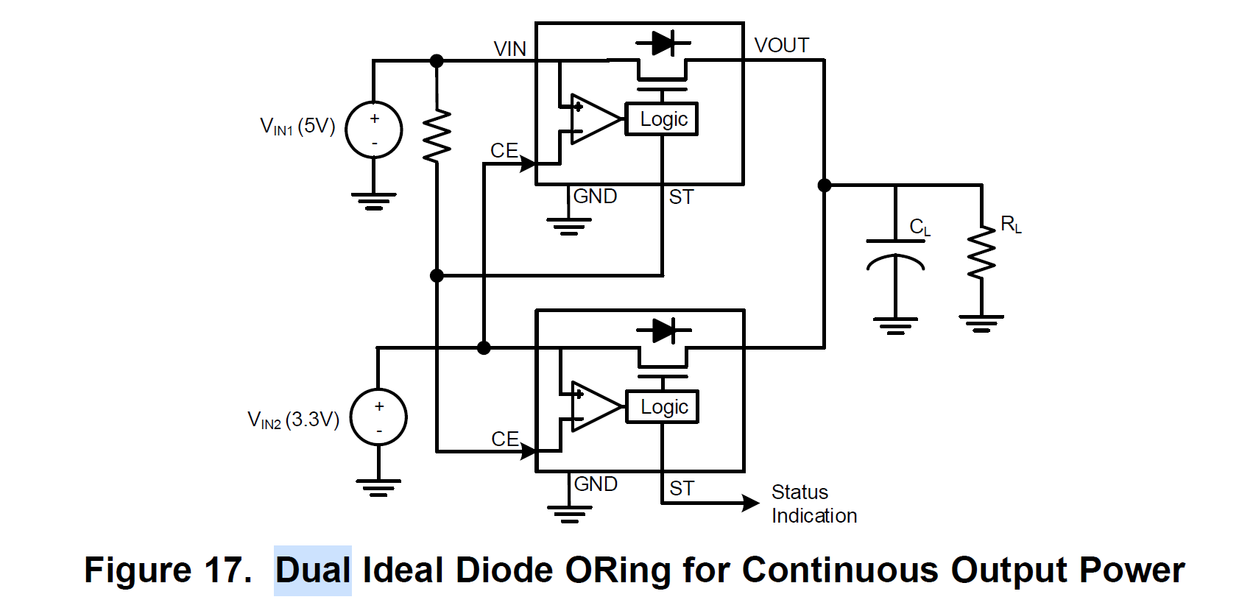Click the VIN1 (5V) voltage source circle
(x=374, y=130)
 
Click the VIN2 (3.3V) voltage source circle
(x=378, y=417)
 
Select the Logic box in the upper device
(x=662, y=119)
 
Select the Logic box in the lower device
(x=663, y=407)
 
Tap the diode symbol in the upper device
(x=663, y=43)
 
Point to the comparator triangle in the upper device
(x=593, y=119)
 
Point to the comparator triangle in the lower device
(x=594, y=406)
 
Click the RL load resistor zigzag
(x=981, y=252)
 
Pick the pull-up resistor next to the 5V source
(x=437, y=136)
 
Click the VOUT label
(x=782, y=46)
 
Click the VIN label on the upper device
(x=509, y=49)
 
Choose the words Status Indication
(x=813, y=503)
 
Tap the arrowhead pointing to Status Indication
(x=750, y=503)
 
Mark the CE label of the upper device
(x=504, y=150)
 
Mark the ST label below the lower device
(x=682, y=488)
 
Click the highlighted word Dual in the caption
(x=313, y=570)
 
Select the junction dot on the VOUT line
(x=825, y=185)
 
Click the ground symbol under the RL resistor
(x=981, y=323)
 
